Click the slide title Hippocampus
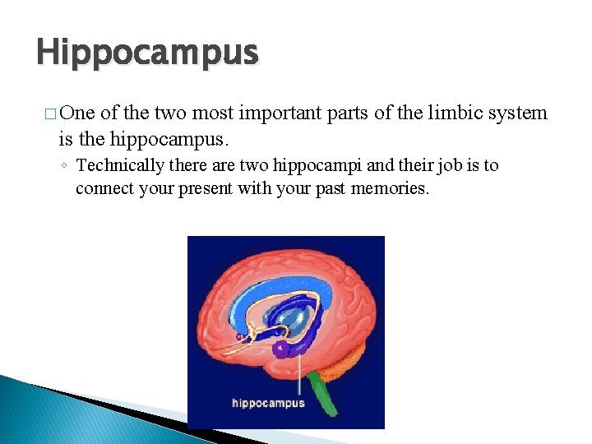147,53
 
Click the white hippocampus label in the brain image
268,403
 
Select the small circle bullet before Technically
63,166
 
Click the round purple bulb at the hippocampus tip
283,349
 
